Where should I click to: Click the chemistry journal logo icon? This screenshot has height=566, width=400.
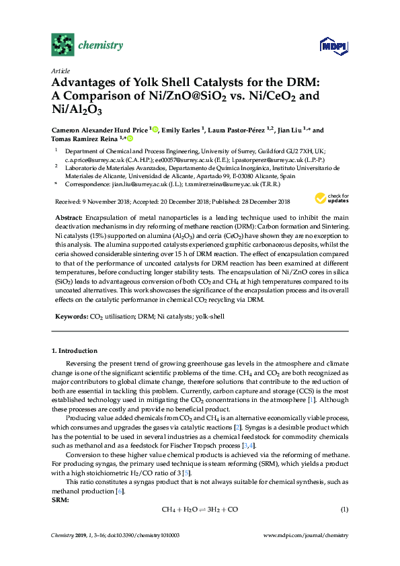(62, 45)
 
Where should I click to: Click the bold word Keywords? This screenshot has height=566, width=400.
(70, 315)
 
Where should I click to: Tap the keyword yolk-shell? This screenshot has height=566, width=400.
(208, 315)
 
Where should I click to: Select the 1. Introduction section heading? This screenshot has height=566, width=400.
(74, 351)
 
